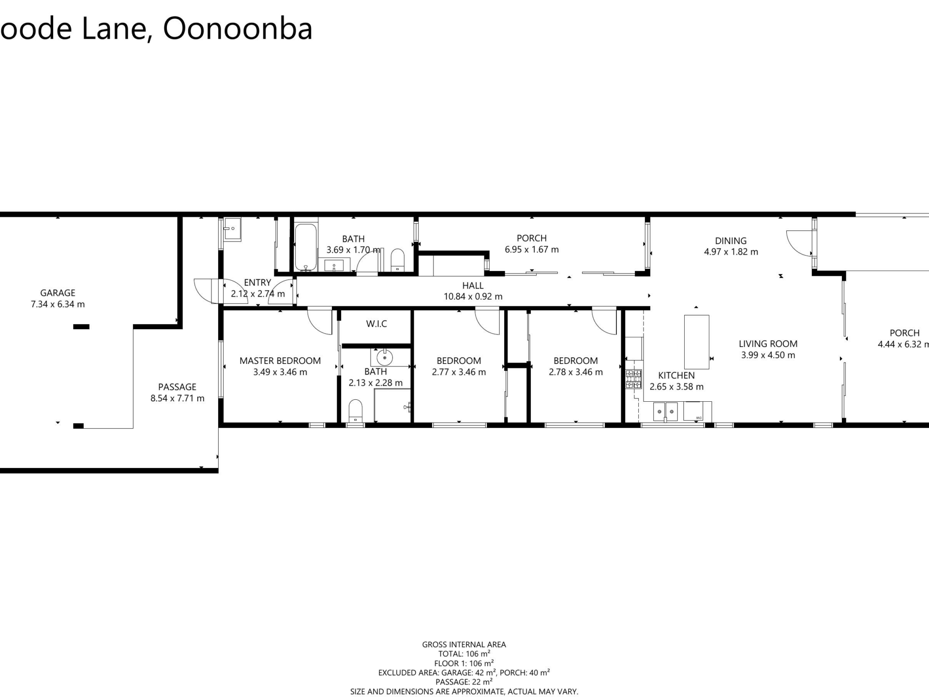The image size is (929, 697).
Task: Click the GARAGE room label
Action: pyautogui.click(x=58, y=293)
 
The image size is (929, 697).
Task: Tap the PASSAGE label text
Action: pyautogui.click(x=177, y=387)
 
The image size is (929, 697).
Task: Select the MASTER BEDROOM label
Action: pyautogui.click(x=280, y=361)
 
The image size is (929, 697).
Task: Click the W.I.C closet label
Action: pyautogui.click(x=376, y=324)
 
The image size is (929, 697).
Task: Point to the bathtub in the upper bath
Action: pyautogui.click(x=306, y=247)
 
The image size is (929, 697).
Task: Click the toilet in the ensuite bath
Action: pyautogui.click(x=356, y=410)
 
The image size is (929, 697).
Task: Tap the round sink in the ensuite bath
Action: pyautogui.click(x=385, y=358)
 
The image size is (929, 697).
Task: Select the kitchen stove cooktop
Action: pyautogui.click(x=633, y=379)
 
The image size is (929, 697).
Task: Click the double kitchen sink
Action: pyautogui.click(x=665, y=411)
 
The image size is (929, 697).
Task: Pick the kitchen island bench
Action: pyautogui.click(x=696, y=342)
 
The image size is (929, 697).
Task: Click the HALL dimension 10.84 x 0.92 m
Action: pyautogui.click(x=473, y=296)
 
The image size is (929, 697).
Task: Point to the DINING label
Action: pyautogui.click(x=731, y=241)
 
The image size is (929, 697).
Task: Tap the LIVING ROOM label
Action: pyautogui.click(x=768, y=344)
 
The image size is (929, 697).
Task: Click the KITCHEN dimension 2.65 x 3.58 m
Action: pyautogui.click(x=676, y=386)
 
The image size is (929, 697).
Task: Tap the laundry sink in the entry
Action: pyautogui.click(x=232, y=229)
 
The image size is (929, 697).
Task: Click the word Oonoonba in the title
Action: pyautogui.click(x=238, y=29)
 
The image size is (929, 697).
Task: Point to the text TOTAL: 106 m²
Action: pyautogui.click(x=464, y=654)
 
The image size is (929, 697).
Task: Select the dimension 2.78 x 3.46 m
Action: pyautogui.click(x=576, y=372)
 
